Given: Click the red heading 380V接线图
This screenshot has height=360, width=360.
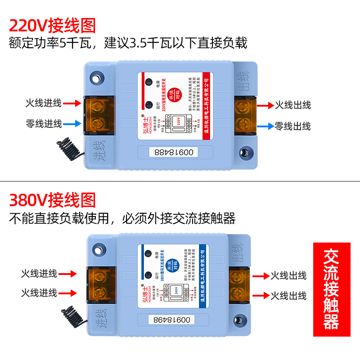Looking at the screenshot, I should pyautogui.click(x=53, y=199).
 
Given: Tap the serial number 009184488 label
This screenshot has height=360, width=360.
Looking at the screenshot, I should pyautogui.click(x=174, y=152).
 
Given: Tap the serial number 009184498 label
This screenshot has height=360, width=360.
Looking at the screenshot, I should pyautogui.click(x=173, y=319).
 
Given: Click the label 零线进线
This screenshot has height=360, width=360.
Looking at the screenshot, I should pyautogui.click(x=44, y=123).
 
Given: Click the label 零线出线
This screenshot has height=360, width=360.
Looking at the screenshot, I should pyautogui.click(x=292, y=126).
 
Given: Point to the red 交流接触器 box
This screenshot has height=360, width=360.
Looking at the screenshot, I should pyautogui.click(x=332, y=290).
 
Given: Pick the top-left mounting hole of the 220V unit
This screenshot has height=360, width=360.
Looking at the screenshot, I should pyautogui.click(x=96, y=77).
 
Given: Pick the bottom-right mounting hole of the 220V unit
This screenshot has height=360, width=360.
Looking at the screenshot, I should pyautogui.click(x=245, y=152).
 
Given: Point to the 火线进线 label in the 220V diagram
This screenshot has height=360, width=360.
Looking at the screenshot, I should pyautogui.click(x=43, y=103).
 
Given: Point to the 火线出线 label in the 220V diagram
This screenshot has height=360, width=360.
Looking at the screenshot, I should pyautogui.click(x=292, y=105).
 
